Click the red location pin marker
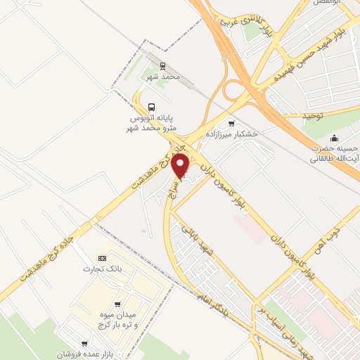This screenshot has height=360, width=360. coord(181,166)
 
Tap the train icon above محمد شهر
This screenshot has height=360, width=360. coord(163,65)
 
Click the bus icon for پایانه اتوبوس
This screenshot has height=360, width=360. coord(152,98)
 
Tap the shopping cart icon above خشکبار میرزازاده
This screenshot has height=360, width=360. coord(231,123)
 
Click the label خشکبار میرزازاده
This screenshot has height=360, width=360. coord(231,133)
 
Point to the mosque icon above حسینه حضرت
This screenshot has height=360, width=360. coord(334,137)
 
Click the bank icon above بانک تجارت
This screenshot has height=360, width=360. coord(103,258)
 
